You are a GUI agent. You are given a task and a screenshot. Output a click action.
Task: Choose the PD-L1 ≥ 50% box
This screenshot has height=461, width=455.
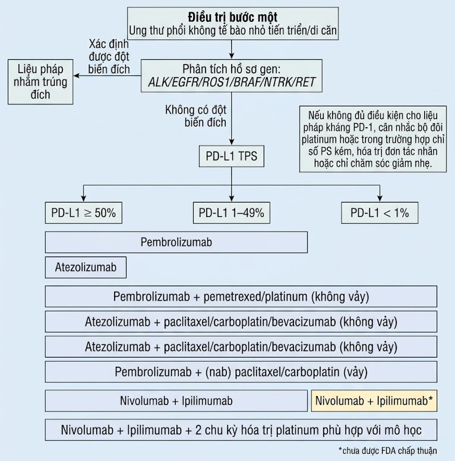pyautogui.click(x=84, y=213)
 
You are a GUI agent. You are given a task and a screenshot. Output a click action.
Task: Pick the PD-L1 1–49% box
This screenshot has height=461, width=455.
pyautogui.click(x=232, y=213)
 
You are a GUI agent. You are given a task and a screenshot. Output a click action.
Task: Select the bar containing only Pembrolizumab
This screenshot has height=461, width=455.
pyautogui.click(x=176, y=242)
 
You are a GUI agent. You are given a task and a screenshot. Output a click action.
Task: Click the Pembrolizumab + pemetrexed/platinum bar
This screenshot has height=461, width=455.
pyautogui.click(x=241, y=296)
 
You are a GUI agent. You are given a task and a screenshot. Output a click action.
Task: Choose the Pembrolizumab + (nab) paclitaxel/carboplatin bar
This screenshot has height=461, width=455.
pyautogui.click(x=241, y=372)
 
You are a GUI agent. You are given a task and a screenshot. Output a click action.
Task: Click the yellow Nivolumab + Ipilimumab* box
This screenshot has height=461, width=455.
pyautogui.click(x=374, y=401)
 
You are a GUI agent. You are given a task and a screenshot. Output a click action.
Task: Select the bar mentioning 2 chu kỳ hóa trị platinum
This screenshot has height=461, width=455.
pyautogui.click(x=241, y=430)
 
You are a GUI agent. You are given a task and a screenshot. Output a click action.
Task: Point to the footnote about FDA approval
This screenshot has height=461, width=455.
pyautogui.click(x=387, y=450)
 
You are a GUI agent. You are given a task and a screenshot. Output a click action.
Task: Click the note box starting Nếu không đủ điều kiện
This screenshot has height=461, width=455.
pyautogui.click(x=373, y=139)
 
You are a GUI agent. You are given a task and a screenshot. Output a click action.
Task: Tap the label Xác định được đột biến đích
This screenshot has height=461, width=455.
pyautogui.click(x=112, y=55)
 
